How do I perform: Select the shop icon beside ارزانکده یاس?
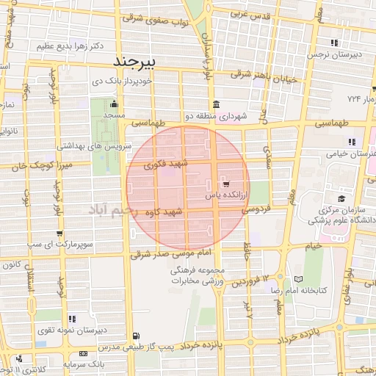(x=225, y=184)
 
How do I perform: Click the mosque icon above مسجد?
(x=113, y=104)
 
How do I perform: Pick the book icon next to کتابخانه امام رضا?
(x=297, y=279)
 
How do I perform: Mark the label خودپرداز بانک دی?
(x=122, y=82)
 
